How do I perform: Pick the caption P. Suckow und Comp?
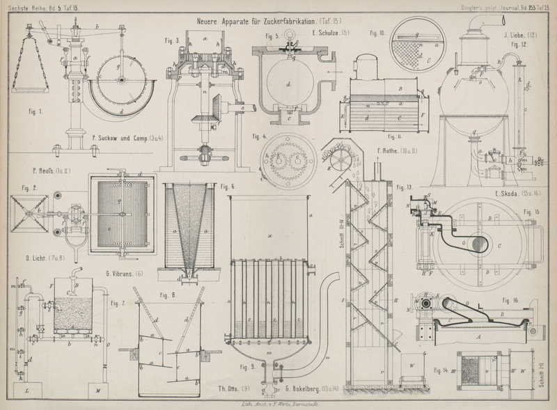tap(127, 139)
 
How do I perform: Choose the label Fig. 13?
tap(405, 188)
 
